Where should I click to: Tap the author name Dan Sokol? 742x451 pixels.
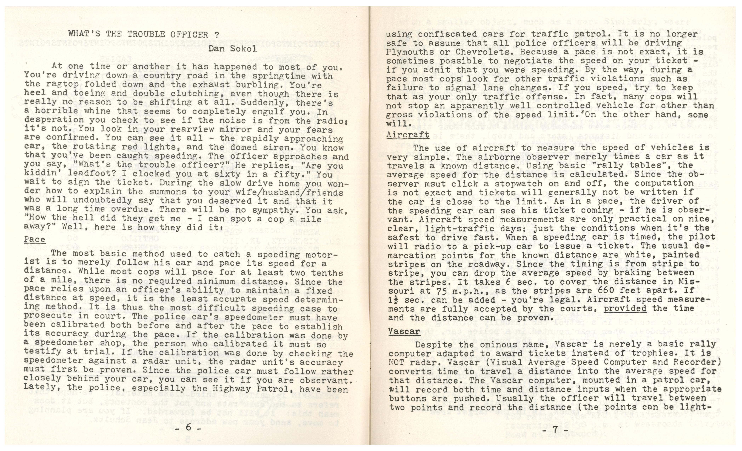point(232,49)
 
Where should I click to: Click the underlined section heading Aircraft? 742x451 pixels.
point(408,134)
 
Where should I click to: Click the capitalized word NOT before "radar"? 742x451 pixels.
point(397,362)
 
